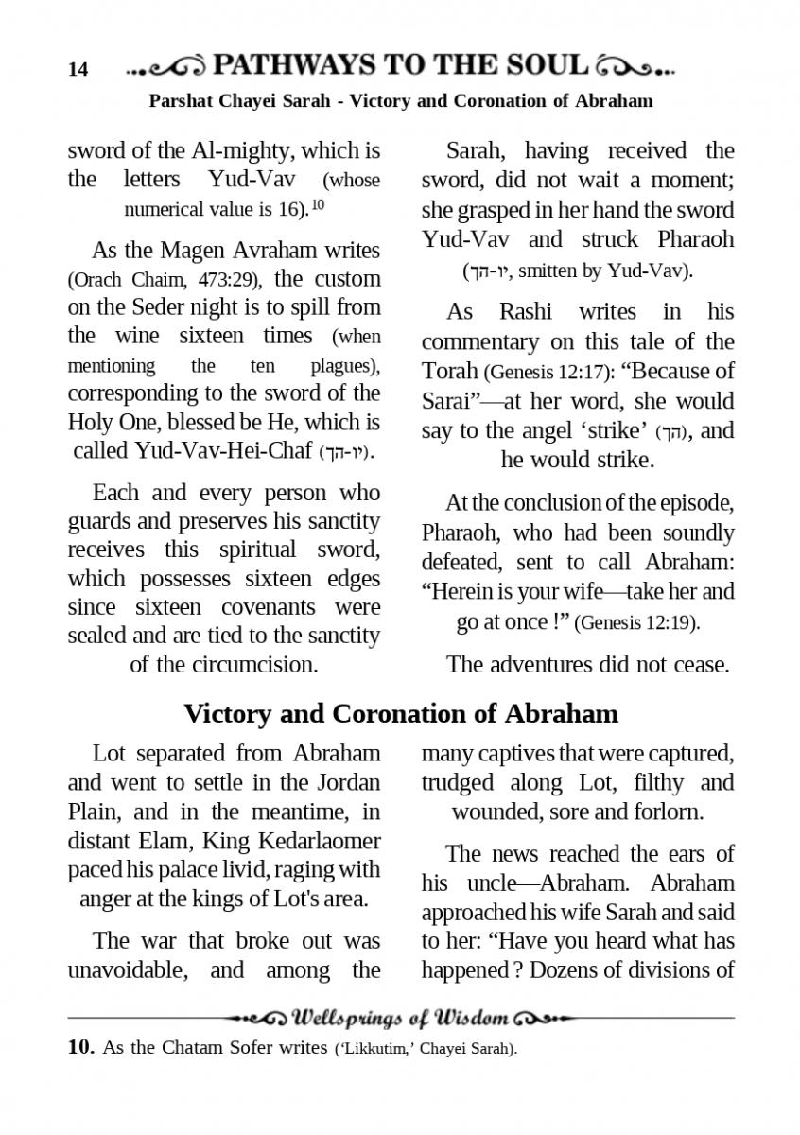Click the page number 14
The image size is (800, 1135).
[78, 69]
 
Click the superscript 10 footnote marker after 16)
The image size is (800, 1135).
[318, 203]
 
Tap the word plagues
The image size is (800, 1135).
[344, 366]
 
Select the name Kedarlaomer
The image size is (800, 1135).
[320, 840]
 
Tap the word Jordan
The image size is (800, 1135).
[349, 782]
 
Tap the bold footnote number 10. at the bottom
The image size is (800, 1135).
[81, 1048]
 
